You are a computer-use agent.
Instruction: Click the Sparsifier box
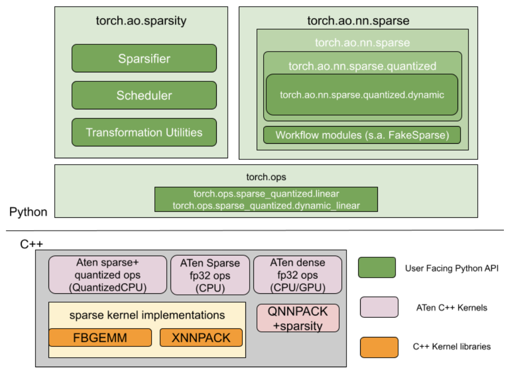pos(144,58)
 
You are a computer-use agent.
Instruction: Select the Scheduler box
pos(144,95)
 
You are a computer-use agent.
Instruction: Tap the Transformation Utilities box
pos(144,132)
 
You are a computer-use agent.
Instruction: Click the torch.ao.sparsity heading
pos(141,21)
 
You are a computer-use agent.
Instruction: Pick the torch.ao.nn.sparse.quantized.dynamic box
pos(362,95)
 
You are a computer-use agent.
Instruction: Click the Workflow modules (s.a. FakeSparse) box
pos(362,135)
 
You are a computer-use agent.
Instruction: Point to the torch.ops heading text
pos(266,177)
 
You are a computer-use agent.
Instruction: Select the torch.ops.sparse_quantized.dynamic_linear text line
pos(266,205)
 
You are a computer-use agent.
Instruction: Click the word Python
pos(28,212)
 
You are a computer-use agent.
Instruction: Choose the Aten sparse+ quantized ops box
pos(108,274)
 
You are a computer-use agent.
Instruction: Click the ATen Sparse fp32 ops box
pos(210,274)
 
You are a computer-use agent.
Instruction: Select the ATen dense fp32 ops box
pos(298,274)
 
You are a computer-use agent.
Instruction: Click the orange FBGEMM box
pos(100,337)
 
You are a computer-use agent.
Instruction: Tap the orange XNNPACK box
pos(201,337)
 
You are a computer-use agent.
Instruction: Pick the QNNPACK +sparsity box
pos(298,318)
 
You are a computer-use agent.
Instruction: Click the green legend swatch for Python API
pos(377,268)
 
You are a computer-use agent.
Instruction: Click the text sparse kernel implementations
pos(147,315)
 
